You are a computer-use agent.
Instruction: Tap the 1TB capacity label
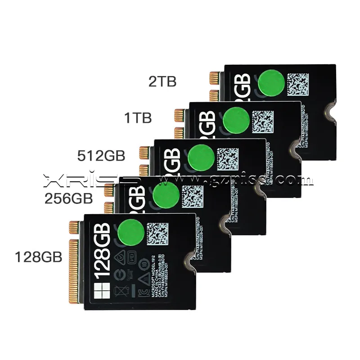[x=138, y=118]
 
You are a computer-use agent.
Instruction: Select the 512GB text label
[x=101, y=156]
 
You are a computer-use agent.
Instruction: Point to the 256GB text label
[x=68, y=198]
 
